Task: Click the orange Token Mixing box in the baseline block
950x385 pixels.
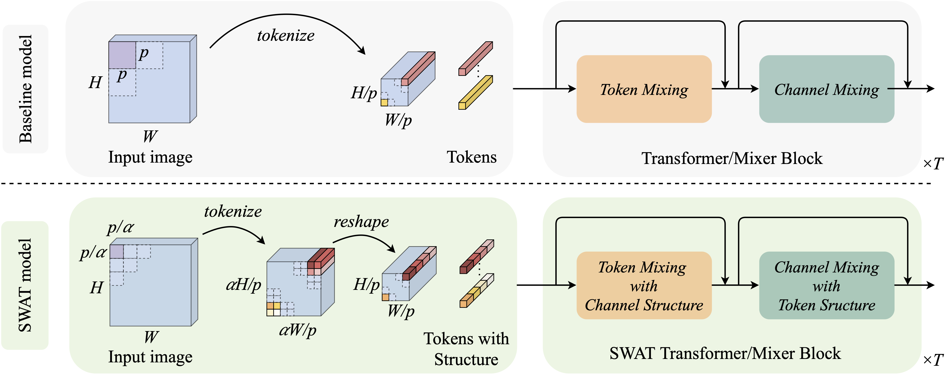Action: pyautogui.click(x=644, y=89)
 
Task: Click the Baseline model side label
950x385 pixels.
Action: pyautogui.click(x=25, y=89)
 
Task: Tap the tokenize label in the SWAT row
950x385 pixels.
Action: pyautogui.click(x=233, y=212)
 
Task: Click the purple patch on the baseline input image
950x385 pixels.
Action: pyautogui.click(x=122, y=55)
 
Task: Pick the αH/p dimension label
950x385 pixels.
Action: pyautogui.click(x=243, y=285)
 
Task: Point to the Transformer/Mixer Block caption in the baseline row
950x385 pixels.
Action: pyautogui.click(x=732, y=158)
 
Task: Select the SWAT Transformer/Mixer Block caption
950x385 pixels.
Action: pyautogui.click(x=725, y=353)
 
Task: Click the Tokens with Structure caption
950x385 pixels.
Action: pyautogui.click(x=466, y=349)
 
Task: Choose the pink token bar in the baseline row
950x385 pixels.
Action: pyautogui.click(x=475, y=58)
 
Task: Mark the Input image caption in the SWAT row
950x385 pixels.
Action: pyautogui.click(x=150, y=357)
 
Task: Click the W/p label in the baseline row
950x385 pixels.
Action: pyautogui.click(x=398, y=120)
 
